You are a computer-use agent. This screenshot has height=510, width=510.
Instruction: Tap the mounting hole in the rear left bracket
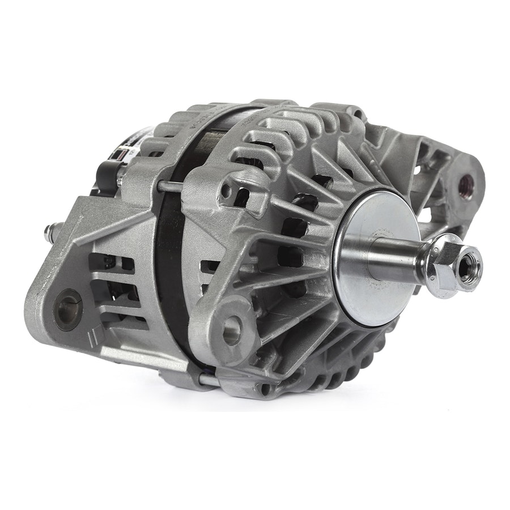pyautogui.click(x=70, y=301)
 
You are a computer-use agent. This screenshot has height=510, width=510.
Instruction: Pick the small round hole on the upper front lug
pyautogui.click(x=226, y=191)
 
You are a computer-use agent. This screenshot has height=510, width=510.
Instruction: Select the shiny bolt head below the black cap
pyautogui.click(x=121, y=180)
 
